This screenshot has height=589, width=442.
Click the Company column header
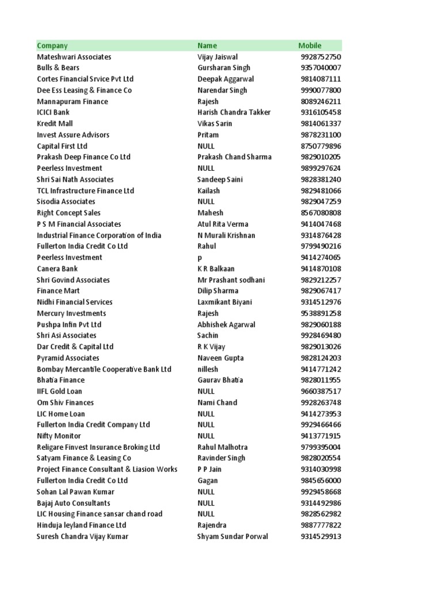point(52,45)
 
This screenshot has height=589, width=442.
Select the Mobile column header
point(310,45)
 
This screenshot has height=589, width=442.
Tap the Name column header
point(207,45)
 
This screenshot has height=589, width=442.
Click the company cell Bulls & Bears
point(58,68)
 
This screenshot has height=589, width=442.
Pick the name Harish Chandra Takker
point(234,112)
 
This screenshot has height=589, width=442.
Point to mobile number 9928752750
point(321,57)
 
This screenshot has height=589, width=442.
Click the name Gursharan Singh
point(224,68)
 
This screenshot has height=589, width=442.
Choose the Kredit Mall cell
point(55,124)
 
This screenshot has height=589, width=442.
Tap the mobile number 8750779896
point(321,146)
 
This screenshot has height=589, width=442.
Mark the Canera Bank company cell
point(57,269)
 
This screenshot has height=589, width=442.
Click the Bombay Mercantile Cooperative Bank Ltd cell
point(104,369)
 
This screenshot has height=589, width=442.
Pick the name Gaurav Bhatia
point(220,380)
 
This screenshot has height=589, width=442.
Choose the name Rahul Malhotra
point(223,447)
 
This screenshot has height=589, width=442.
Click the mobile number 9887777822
point(321,525)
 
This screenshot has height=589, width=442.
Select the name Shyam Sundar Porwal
point(233,536)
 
